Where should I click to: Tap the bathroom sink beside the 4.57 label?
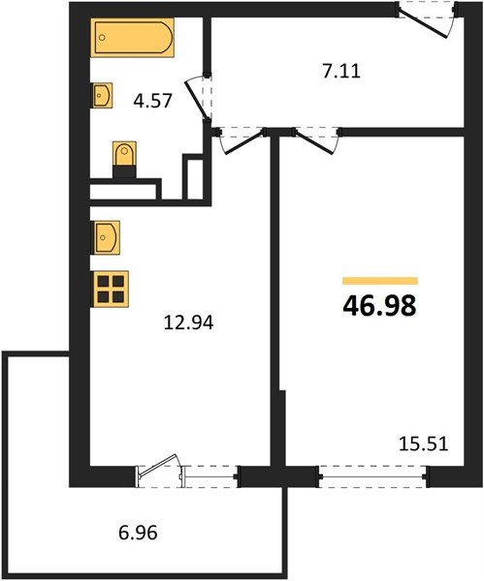click(x=102, y=95)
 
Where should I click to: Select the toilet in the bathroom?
click(x=123, y=158)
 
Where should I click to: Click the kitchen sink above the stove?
click(x=106, y=235)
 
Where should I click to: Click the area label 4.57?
click(x=152, y=100)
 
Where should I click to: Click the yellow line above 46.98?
click(x=379, y=281)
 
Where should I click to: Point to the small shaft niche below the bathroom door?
click(x=195, y=180)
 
